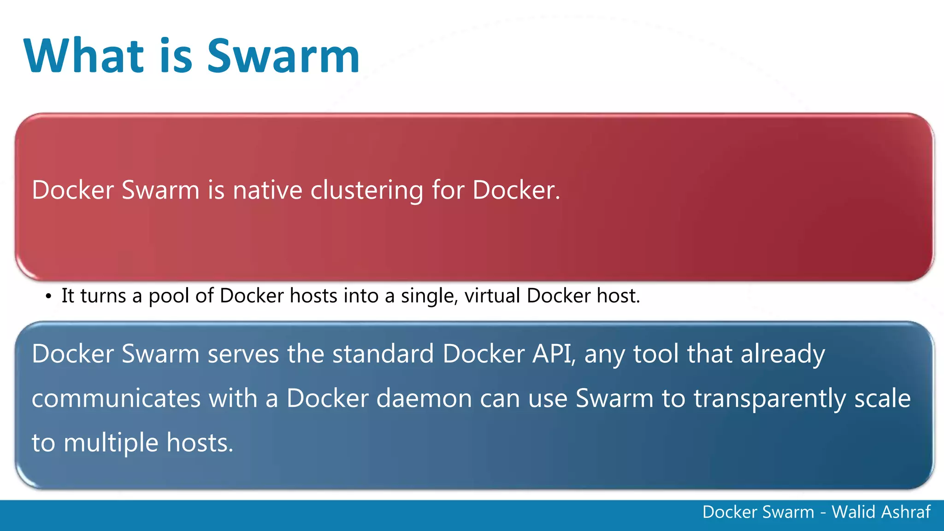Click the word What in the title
tap(84, 56)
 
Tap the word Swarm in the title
tap(283, 56)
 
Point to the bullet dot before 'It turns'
tap(48, 297)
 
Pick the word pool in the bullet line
tap(169, 296)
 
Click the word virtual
tap(492, 295)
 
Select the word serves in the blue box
tap(243, 354)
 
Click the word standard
tap(383, 354)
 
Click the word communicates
tap(116, 398)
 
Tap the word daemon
tap(424, 398)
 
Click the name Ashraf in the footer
tap(906, 512)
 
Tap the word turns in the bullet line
tap(103, 296)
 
